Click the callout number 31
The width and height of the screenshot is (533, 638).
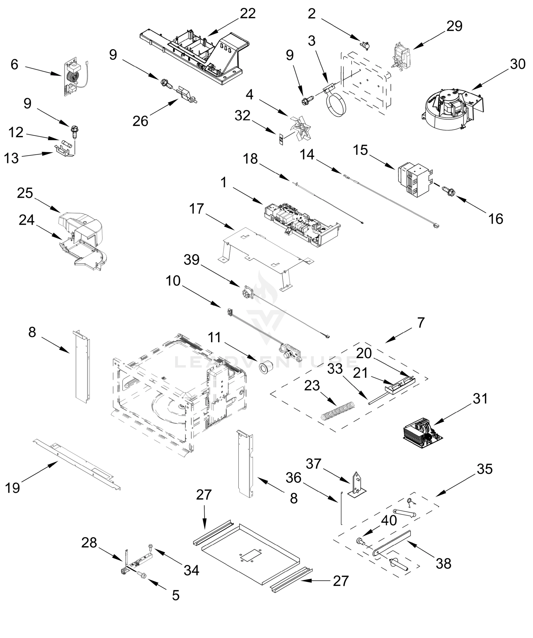click(480, 398)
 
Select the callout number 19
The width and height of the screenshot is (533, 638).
click(12, 488)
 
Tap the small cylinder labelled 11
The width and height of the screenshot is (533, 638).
click(266, 368)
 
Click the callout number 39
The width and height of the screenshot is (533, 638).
click(191, 260)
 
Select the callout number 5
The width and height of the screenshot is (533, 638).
click(176, 595)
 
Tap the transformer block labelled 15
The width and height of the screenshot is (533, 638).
click(415, 179)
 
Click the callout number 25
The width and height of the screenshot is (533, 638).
click(25, 193)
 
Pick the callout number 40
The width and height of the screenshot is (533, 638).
click(389, 521)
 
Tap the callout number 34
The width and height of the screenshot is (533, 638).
click(191, 570)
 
